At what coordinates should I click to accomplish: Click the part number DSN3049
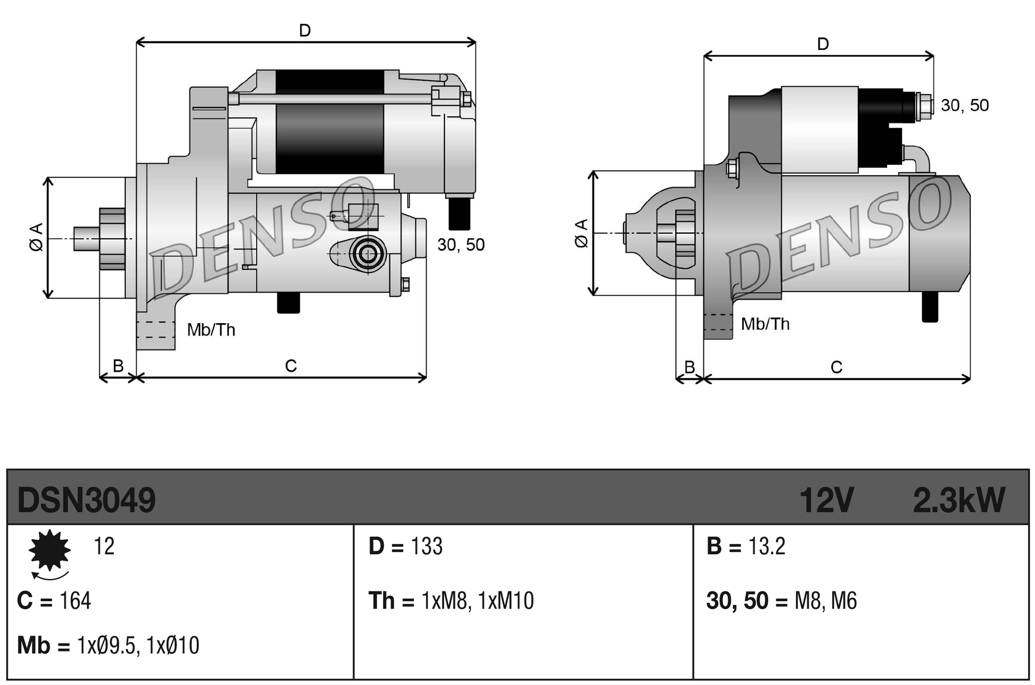(x=86, y=500)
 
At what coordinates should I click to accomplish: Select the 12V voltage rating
(x=826, y=500)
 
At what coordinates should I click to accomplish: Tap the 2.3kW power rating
(x=958, y=500)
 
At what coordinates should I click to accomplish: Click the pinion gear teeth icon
(x=50, y=550)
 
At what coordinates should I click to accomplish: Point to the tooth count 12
(x=103, y=546)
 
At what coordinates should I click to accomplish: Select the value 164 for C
(x=76, y=601)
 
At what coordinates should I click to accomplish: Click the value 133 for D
(x=426, y=546)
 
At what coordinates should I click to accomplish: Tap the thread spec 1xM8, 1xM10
(x=477, y=601)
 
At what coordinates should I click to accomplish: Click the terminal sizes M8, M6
(x=825, y=601)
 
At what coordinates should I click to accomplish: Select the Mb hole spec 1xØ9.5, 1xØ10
(x=138, y=646)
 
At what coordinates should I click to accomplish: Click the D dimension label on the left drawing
(x=305, y=31)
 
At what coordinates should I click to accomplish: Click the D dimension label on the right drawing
(x=823, y=44)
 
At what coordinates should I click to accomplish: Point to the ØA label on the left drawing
(x=36, y=237)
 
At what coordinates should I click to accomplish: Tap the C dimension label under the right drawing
(x=836, y=368)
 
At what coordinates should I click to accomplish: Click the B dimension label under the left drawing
(x=118, y=366)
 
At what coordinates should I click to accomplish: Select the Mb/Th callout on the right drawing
(x=765, y=324)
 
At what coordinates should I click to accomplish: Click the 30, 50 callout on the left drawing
(x=461, y=245)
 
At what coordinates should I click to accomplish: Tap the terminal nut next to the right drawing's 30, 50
(x=924, y=106)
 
